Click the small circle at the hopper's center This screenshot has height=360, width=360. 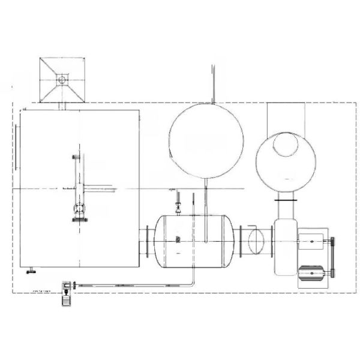[62, 78]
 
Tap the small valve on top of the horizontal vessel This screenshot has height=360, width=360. [177, 208]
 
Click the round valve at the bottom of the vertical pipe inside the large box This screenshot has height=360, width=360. [79, 209]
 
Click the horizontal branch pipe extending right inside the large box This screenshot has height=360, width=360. [99, 187]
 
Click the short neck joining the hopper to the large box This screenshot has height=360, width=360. [62, 106]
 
